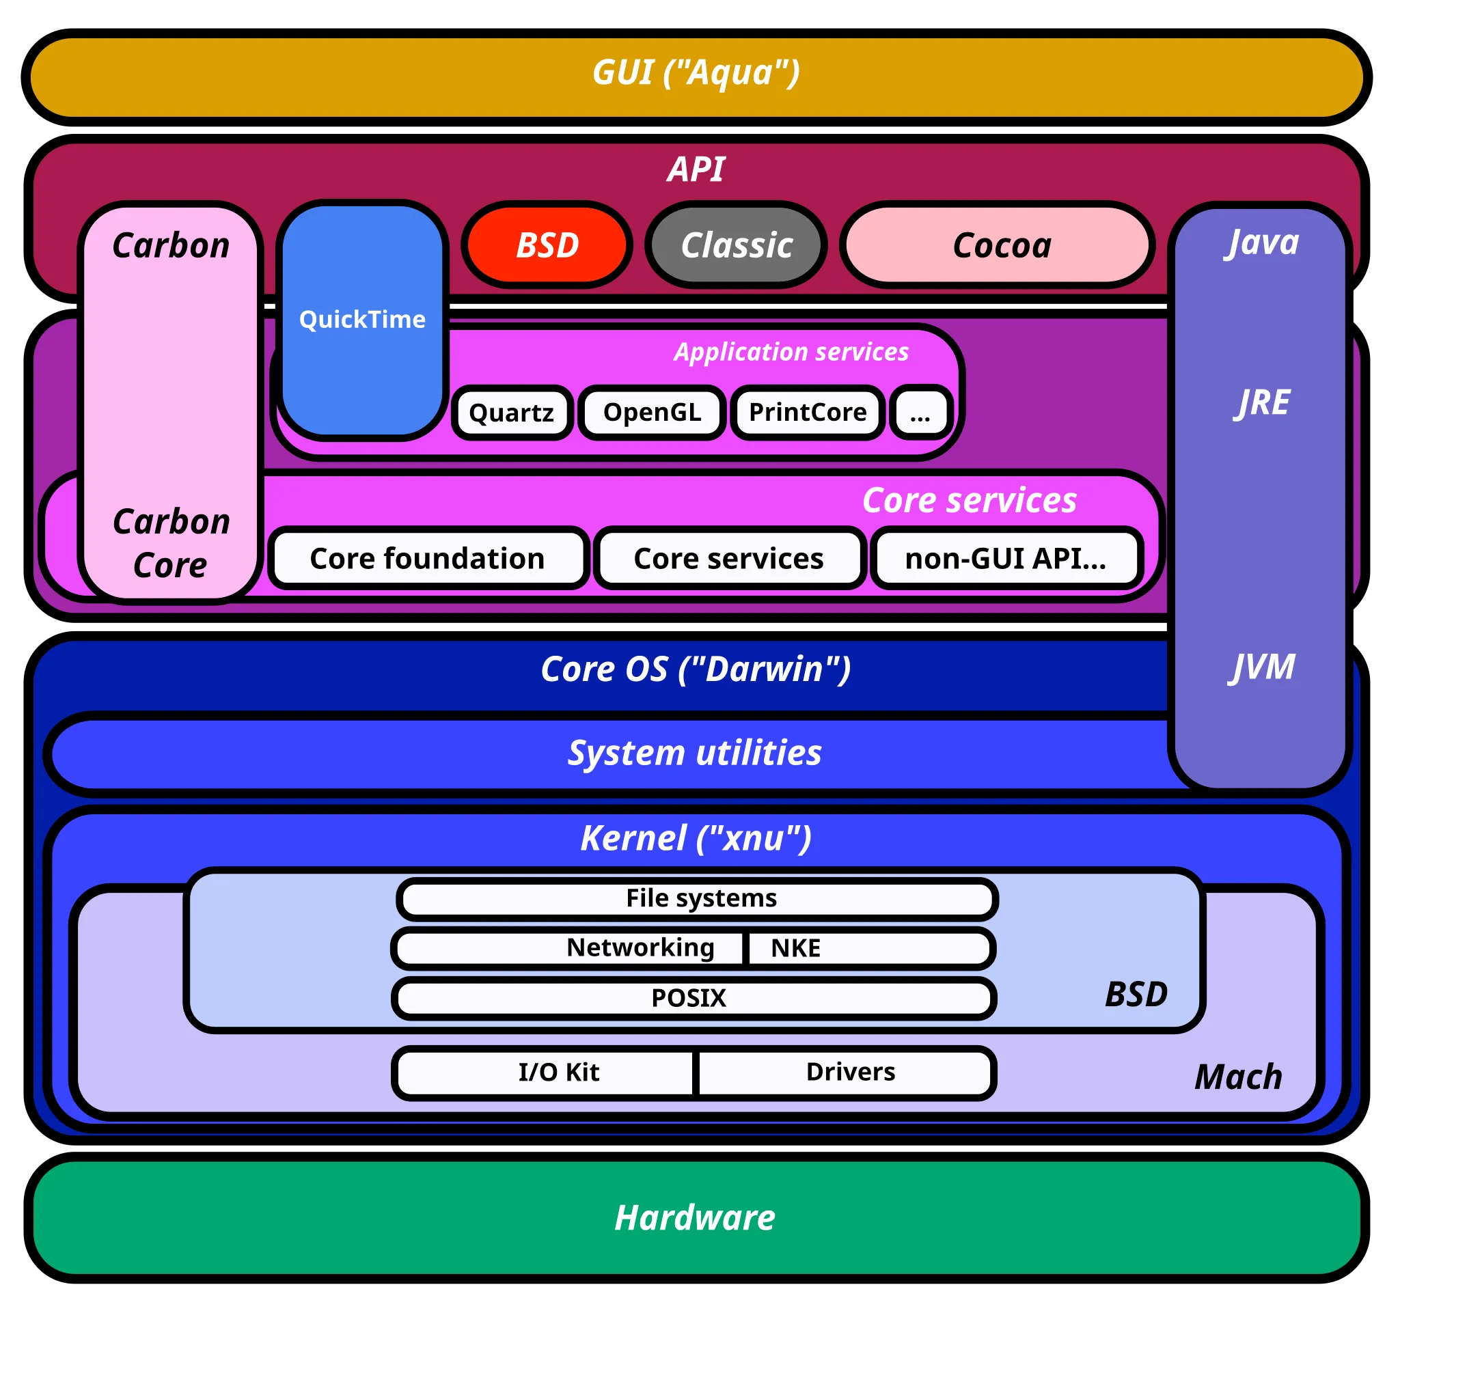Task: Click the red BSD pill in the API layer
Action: [547, 245]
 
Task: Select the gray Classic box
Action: [736, 245]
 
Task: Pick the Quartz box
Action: [512, 413]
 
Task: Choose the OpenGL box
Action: [652, 413]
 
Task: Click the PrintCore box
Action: [808, 413]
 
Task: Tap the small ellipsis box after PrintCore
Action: [921, 413]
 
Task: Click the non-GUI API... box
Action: [1005, 559]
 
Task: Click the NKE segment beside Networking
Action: [869, 948]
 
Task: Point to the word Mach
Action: [1238, 1077]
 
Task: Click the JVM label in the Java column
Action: [1262, 667]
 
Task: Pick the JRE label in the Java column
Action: [1262, 403]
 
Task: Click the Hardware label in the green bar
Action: [695, 1218]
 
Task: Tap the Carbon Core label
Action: [171, 543]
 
